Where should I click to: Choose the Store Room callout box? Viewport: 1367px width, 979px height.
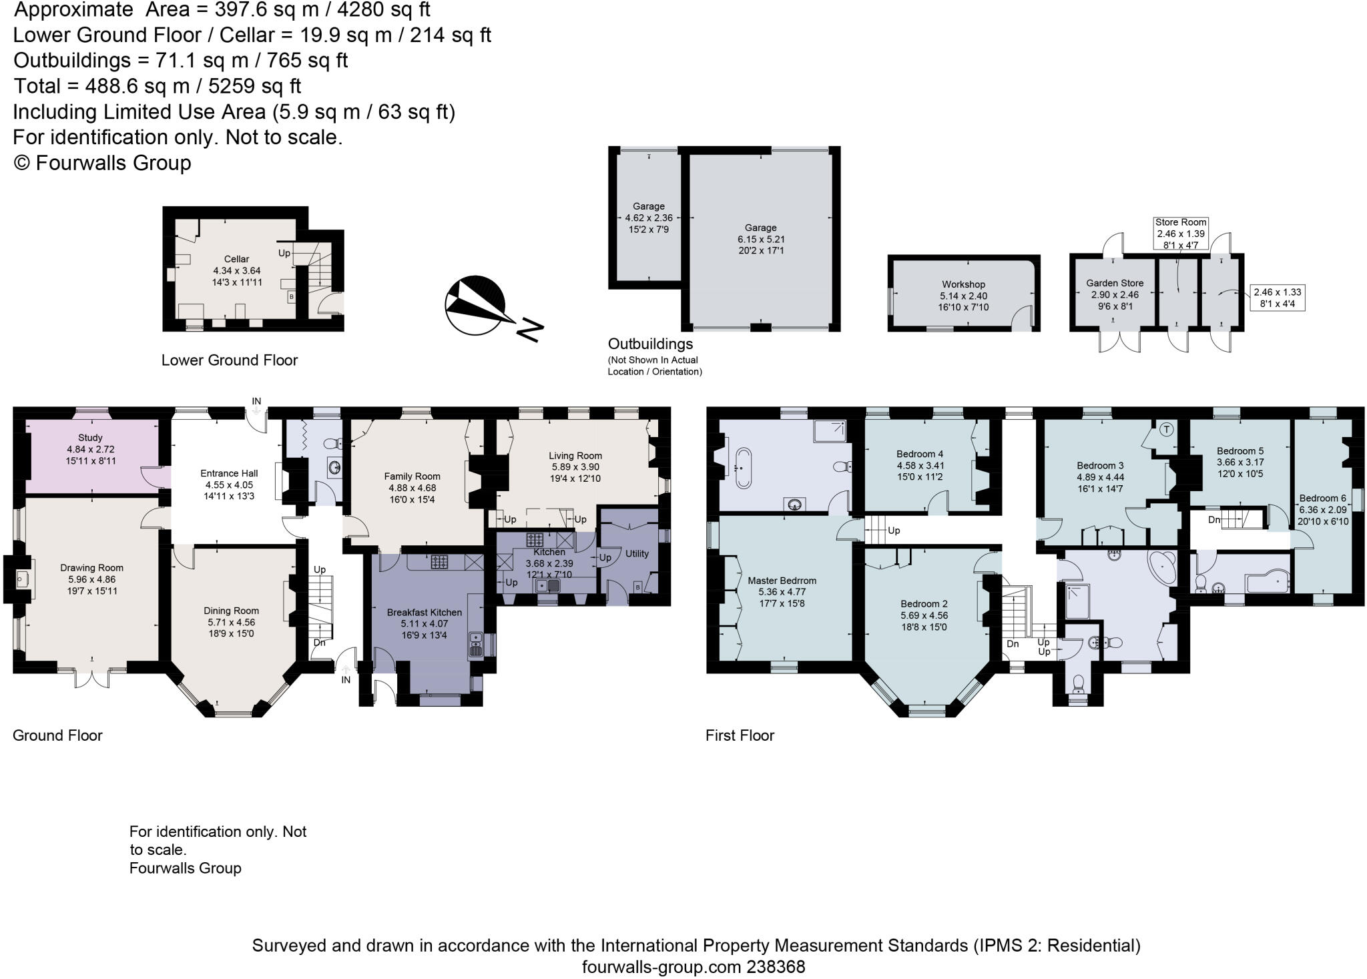pos(1180,234)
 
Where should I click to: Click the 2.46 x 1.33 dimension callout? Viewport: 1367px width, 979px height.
pos(1277,298)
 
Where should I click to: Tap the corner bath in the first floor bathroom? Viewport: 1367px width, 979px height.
pos(1163,569)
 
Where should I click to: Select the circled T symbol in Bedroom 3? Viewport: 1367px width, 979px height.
pos(1166,429)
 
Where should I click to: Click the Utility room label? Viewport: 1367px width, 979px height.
pos(637,553)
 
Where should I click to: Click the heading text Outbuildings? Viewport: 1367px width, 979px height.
pos(650,344)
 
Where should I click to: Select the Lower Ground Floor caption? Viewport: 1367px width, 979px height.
pos(229,360)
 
